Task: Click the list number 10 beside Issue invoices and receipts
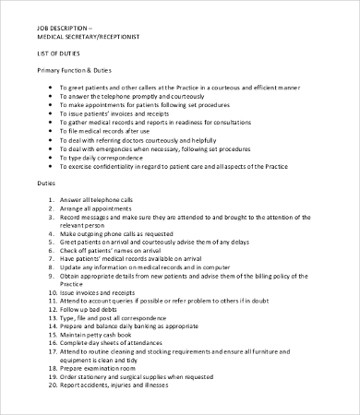point(50,292)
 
